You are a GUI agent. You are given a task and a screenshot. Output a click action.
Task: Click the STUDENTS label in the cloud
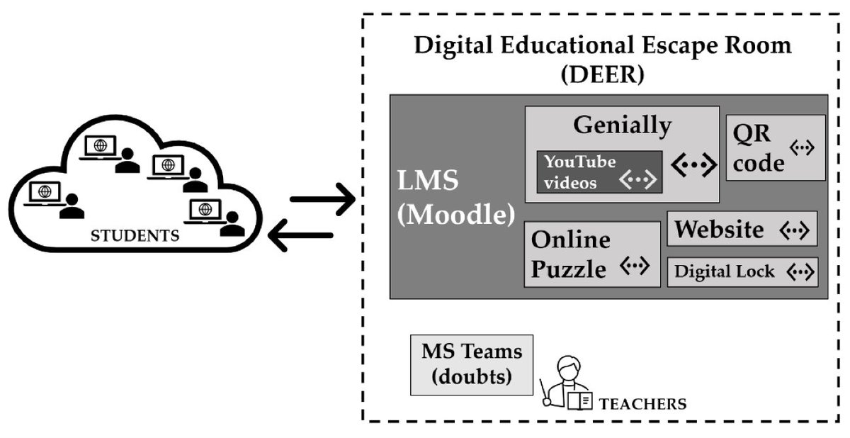point(135,235)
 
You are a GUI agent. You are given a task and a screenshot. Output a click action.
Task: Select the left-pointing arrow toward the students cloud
point(301,235)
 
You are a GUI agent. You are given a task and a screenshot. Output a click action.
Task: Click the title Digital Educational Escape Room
point(602,45)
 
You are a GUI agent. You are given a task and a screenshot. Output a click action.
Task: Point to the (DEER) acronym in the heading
point(602,74)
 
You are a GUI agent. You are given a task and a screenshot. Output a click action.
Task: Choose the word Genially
point(622,125)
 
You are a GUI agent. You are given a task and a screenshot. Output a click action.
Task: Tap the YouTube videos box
point(599,172)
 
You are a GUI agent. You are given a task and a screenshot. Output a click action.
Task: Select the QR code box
point(776,147)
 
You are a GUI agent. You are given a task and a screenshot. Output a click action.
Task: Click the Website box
point(742,229)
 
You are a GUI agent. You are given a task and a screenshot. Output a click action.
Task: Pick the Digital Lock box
point(742,271)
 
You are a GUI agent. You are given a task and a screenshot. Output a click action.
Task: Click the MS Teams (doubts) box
point(472,364)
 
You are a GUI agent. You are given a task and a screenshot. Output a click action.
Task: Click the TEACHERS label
point(642,405)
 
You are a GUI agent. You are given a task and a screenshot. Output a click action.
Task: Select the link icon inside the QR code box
point(803,147)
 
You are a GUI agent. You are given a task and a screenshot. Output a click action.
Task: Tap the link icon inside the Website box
point(793,230)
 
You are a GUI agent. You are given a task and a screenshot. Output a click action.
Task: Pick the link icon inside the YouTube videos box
point(636,181)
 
